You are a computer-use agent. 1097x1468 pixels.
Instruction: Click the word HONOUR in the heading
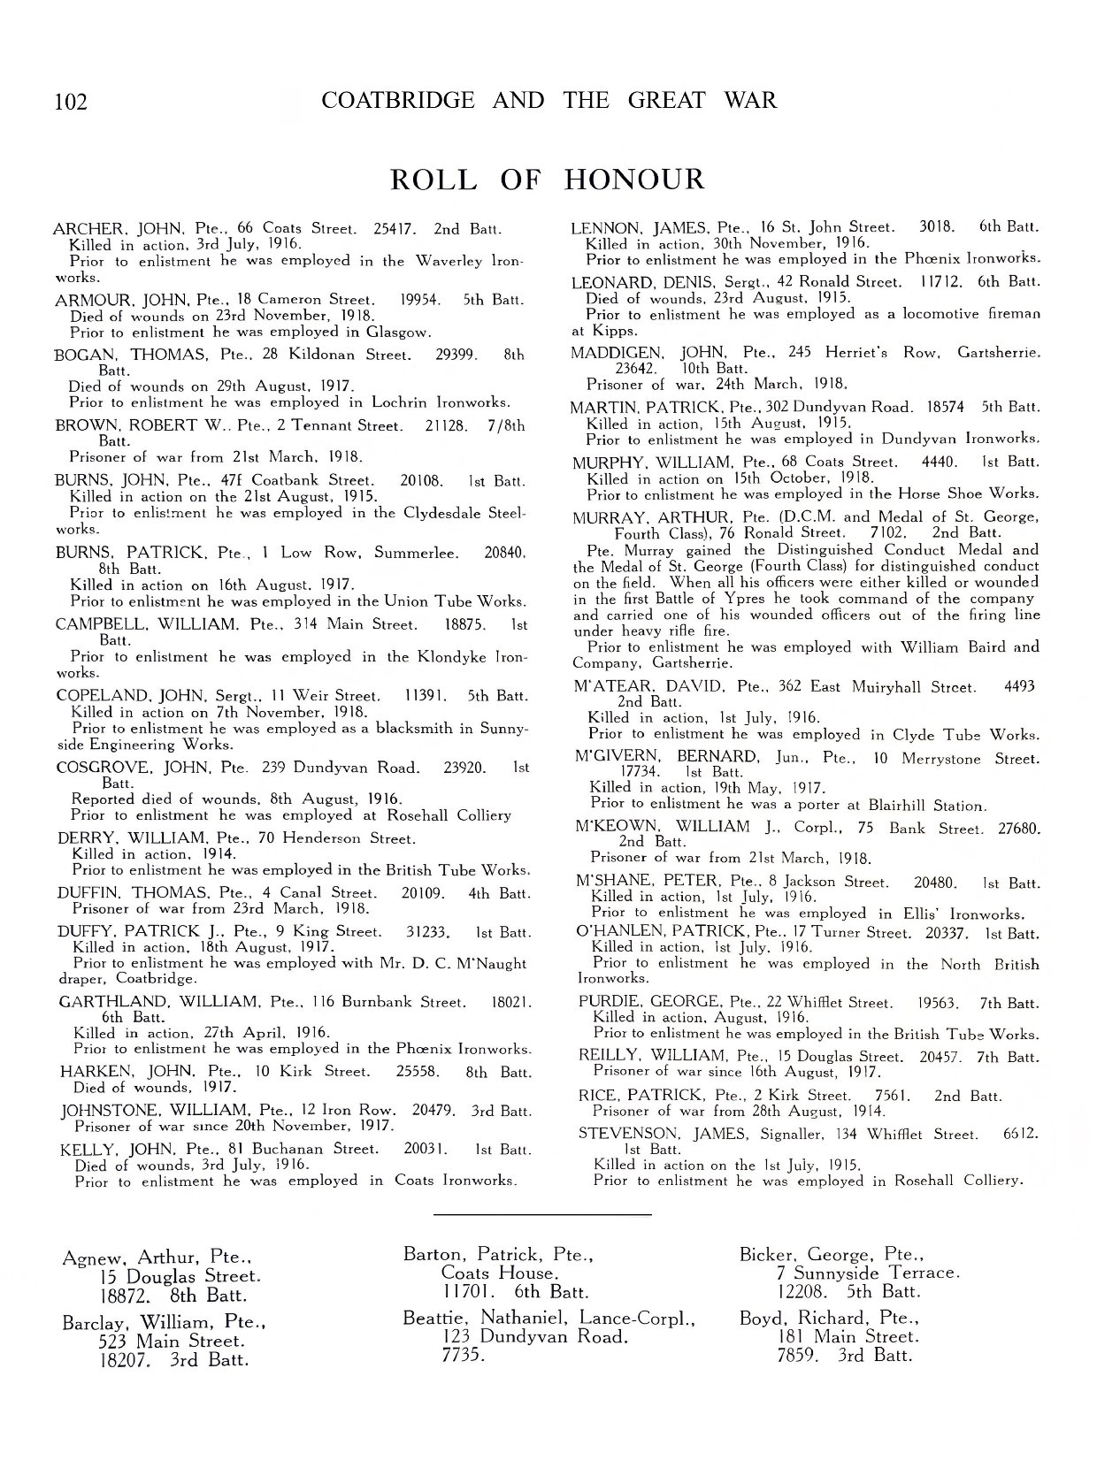click(x=633, y=180)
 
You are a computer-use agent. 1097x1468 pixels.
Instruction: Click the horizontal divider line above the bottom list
click(x=543, y=1215)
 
